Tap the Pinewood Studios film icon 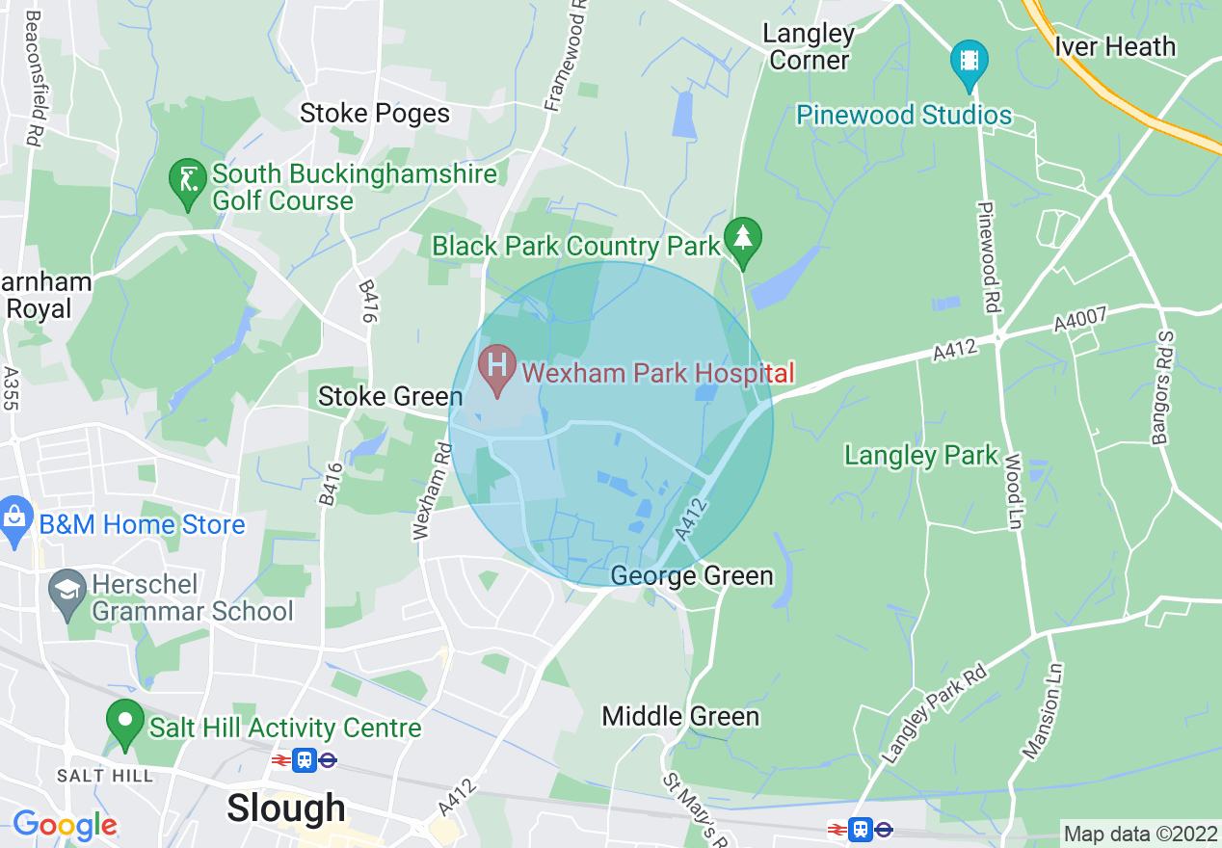click(x=969, y=60)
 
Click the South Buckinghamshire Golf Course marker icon click(x=186, y=181)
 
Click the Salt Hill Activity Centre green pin click(x=124, y=724)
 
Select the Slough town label click(x=286, y=808)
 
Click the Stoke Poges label click(x=375, y=114)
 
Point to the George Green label click(x=692, y=576)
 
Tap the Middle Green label click(x=680, y=716)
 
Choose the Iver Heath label click(x=1115, y=46)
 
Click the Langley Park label click(x=921, y=455)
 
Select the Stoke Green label click(x=390, y=396)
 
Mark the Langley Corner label click(x=810, y=46)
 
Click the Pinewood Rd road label click(x=989, y=256)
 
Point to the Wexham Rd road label click(x=431, y=490)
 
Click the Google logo click(x=65, y=825)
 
